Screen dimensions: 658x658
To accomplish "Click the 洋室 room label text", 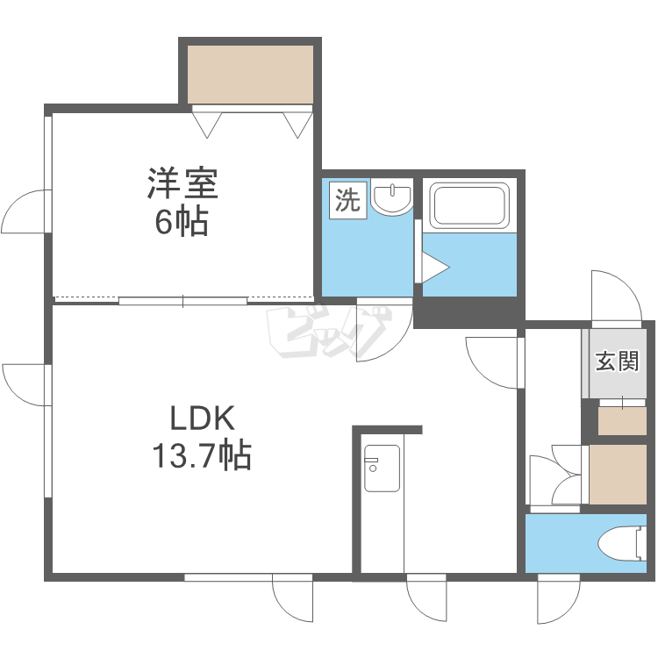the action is [182, 183].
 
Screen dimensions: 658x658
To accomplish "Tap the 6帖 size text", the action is [182, 221].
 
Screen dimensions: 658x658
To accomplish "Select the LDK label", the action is [202, 418].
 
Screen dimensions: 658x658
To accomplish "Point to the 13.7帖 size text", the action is [202, 454].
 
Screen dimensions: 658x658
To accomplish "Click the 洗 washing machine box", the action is [348, 200].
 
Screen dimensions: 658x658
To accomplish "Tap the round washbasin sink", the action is [392, 197].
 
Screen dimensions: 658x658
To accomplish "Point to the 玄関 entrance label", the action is [617, 361].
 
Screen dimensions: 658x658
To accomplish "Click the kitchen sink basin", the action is [382, 468].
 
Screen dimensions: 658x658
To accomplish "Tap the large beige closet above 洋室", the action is [250, 75].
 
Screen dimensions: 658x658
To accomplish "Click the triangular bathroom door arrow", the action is [436, 267].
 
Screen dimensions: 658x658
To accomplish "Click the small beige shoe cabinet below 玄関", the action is [622, 421].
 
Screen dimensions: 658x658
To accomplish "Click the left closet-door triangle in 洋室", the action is [207, 125].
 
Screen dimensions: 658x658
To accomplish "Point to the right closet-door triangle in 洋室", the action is [298, 125].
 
